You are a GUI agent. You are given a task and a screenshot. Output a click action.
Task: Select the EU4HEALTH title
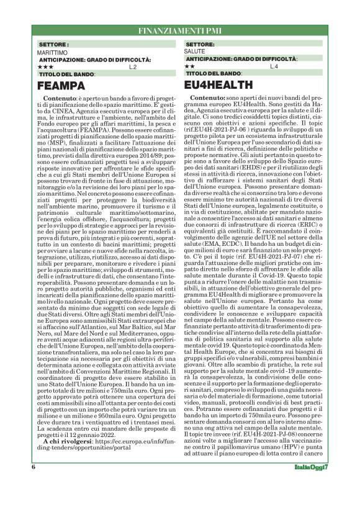click(226, 87)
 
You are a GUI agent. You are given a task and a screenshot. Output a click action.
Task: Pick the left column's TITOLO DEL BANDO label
click(67, 74)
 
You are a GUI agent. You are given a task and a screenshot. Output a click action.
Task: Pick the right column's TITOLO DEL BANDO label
click(214, 74)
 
